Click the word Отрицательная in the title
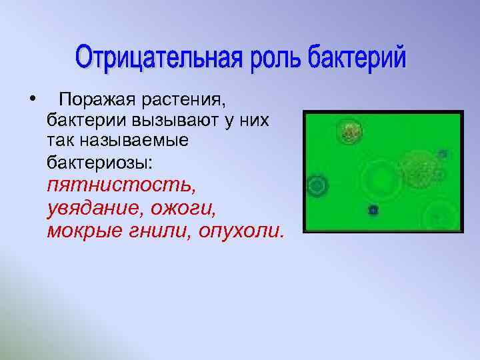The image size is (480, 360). click(x=160, y=59)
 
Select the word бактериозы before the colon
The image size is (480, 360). click(x=99, y=161)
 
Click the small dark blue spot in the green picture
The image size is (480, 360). click(x=373, y=210)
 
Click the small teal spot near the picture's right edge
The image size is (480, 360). click(x=443, y=154)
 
